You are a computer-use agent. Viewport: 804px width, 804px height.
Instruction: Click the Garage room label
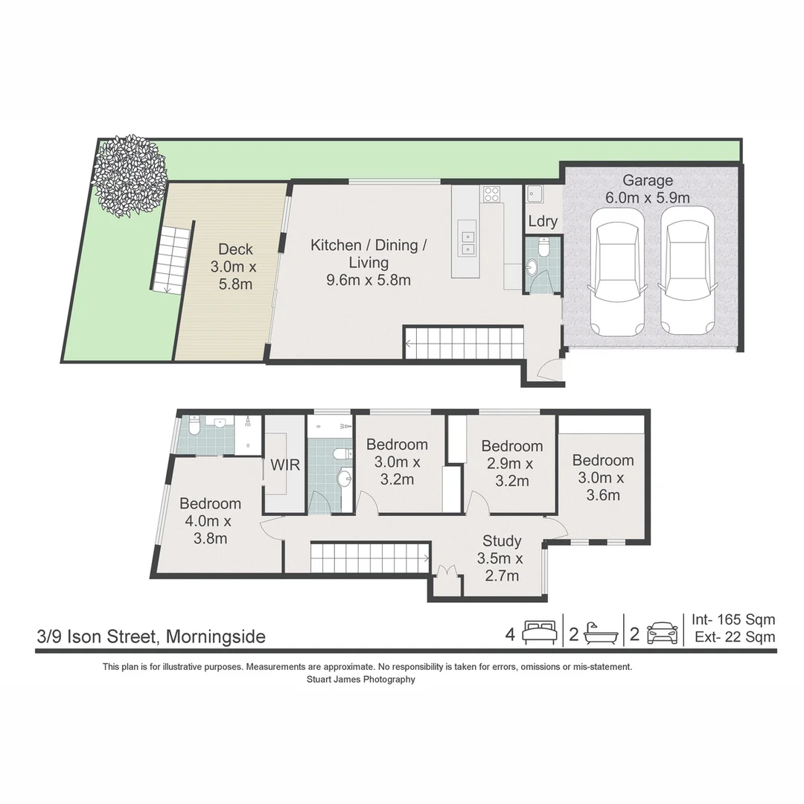pyautogui.click(x=648, y=180)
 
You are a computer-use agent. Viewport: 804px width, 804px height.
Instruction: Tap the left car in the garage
pyautogui.click(x=616, y=272)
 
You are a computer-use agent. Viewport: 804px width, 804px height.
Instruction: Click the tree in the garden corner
pyautogui.click(x=130, y=176)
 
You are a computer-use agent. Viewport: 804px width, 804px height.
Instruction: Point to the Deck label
pyautogui.click(x=235, y=249)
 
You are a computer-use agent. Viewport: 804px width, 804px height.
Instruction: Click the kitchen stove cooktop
pyautogui.click(x=491, y=194)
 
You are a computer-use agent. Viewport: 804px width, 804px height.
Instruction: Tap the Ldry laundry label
pyautogui.click(x=543, y=221)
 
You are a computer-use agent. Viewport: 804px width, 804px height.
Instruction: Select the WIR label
pyautogui.click(x=285, y=465)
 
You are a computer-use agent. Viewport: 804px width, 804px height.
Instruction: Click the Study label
pyautogui.click(x=502, y=541)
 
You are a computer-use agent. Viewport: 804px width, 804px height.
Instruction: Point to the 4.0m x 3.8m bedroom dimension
pyautogui.click(x=210, y=530)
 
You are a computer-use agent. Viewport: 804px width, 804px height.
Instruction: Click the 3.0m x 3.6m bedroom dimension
pyautogui.click(x=602, y=487)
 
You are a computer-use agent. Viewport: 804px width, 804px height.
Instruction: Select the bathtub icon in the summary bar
pyautogui.click(x=601, y=634)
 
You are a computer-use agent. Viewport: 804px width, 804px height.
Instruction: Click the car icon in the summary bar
pyautogui.click(x=663, y=634)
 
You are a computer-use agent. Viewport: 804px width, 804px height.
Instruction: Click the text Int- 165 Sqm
pyautogui.click(x=733, y=619)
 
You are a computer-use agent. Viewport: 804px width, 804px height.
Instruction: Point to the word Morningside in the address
pyautogui.click(x=216, y=636)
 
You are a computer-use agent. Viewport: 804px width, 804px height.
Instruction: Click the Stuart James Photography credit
pyautogui.click(x=361, y=680)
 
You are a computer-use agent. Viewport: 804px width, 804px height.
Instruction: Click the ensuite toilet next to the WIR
pyautogui.click(x=194, y=427)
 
